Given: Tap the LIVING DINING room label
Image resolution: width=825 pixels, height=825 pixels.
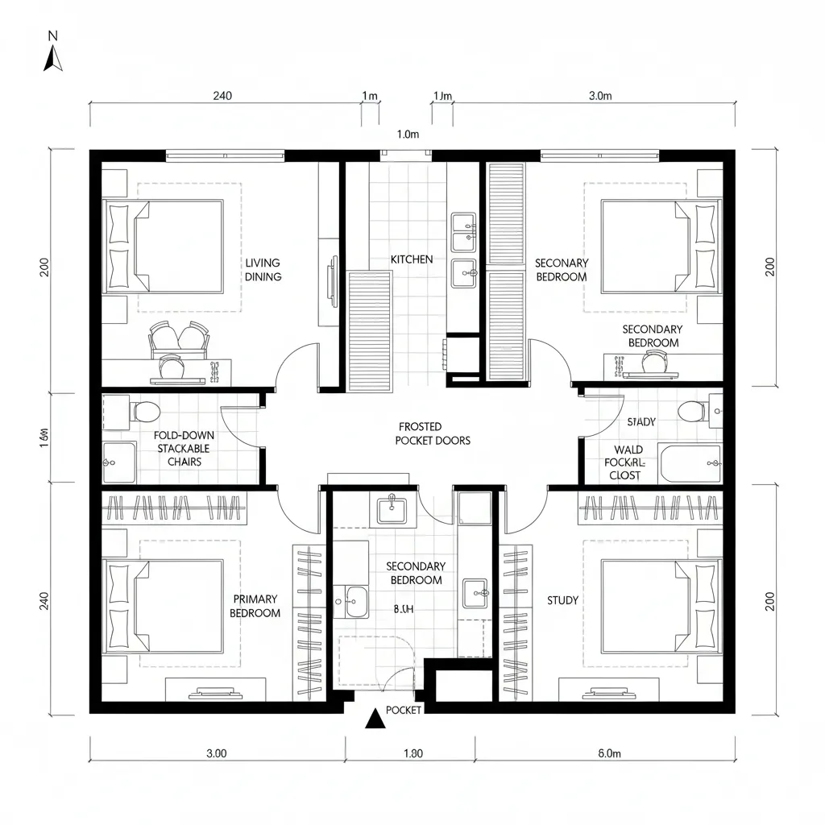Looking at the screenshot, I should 263,270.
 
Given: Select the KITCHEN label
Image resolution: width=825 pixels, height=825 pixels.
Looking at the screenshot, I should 412,259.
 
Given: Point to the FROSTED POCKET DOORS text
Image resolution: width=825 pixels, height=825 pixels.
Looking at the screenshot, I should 432,433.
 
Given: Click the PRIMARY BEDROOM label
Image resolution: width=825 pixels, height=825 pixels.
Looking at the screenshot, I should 255,606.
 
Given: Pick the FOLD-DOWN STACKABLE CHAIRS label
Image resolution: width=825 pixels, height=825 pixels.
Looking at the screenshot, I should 184,449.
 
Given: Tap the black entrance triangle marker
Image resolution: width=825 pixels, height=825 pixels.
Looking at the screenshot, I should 373,719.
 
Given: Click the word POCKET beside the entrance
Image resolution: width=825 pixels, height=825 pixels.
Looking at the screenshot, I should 404,710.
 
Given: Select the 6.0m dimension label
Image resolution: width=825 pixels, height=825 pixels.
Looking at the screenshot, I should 610,754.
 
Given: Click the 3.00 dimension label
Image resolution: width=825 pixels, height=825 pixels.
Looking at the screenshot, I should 216,754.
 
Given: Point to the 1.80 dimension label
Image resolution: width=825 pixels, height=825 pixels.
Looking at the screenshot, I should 412,754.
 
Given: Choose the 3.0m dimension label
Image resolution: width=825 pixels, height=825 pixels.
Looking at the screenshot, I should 600,96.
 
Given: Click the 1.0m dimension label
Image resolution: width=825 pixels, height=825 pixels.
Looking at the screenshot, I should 408,135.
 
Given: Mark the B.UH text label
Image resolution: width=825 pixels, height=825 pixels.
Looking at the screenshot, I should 403,611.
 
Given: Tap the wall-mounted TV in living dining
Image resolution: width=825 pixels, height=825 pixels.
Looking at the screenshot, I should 333,281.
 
